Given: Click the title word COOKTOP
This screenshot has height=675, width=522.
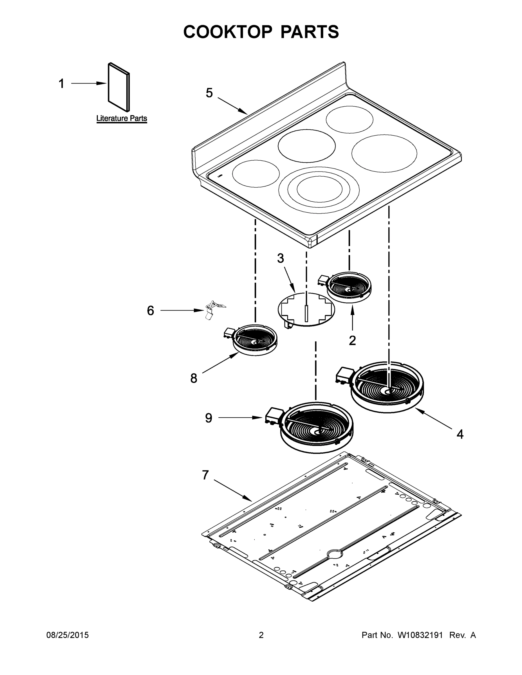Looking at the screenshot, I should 228,32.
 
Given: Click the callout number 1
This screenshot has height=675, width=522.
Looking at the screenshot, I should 62,84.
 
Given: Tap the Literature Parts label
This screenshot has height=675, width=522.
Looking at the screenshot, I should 122,118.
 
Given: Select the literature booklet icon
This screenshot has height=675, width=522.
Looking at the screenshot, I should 119,87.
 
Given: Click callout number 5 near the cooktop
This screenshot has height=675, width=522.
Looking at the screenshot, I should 209,93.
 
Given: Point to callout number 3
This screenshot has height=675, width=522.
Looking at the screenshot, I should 280,258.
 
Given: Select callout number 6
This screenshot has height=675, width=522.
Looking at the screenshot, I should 150,310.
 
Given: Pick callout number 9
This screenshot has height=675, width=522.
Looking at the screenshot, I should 209,418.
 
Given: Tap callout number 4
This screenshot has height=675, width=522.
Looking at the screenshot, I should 460,435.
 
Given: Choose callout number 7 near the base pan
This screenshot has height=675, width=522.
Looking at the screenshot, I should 205,475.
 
